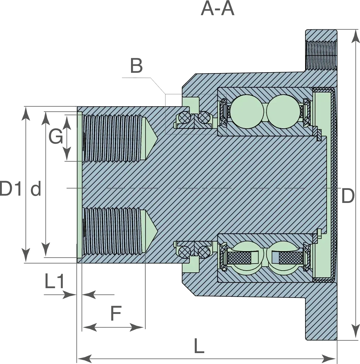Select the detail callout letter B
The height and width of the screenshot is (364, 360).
pyautogui.click(x=136, y=66)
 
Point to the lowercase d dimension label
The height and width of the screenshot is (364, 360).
pyautogui.click(x=36, y=188)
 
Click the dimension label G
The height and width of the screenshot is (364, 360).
pyautogui.click(x=56, y=136)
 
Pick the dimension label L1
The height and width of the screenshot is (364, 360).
pyautogui.click(x=54, y=281)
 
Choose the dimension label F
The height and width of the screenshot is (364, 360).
pyautogui.click(x=116, y=313)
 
